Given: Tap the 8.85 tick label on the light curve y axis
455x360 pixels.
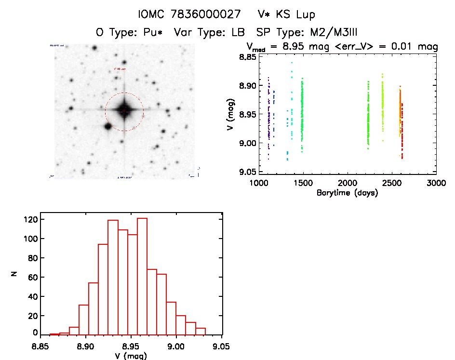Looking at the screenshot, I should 247,57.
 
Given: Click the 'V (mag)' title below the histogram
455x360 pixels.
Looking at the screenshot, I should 131,356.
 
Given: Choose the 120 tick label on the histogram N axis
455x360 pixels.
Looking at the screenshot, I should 32,219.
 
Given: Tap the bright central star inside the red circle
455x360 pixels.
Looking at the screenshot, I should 124,111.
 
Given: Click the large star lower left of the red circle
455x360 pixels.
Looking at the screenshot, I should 107,126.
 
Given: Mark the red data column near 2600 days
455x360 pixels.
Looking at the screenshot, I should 401,130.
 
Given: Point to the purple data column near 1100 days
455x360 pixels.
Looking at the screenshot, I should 268,116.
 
